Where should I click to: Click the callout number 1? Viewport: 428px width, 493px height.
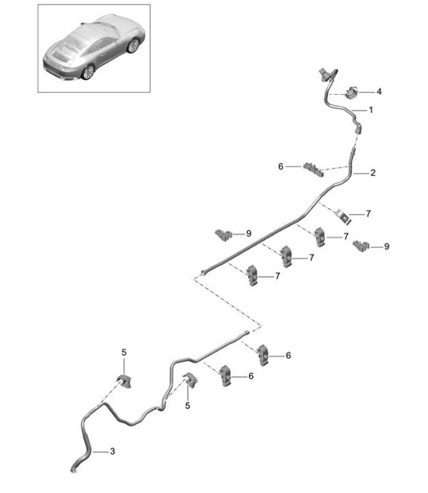(x=371, y=110)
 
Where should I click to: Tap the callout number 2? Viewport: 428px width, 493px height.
(x=373, y=173)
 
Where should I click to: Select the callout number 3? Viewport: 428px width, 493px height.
(x=112, y=451)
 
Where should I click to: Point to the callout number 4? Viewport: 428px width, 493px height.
(x=379, y=92)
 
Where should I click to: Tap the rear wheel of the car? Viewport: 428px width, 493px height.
(x=89, y=72)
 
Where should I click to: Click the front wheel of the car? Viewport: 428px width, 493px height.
(x=134, y=46)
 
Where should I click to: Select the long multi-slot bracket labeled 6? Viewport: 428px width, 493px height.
(x=313, y=170)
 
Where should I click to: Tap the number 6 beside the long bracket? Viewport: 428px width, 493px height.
(x=280, y=166)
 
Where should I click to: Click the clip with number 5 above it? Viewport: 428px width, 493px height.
(x=125, y=381)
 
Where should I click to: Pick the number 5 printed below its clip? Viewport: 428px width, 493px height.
(x=188, y=406)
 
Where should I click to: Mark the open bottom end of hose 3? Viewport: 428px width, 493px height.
(x=73, y=470)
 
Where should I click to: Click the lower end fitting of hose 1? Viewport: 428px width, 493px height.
(x=358, y=129)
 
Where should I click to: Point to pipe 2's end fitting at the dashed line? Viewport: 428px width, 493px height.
(x=203, y=272)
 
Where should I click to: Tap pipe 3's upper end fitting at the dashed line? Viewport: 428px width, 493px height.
(x=247, y=332)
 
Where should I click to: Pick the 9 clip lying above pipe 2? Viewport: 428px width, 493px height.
(x=223, y=235)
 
